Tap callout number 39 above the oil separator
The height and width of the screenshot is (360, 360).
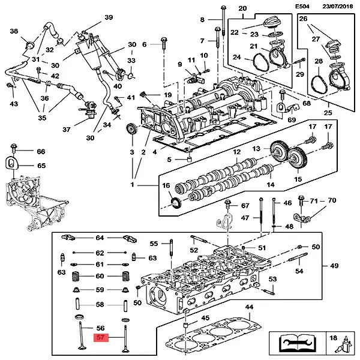click(109, 17)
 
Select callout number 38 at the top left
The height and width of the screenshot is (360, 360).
click(14, 31)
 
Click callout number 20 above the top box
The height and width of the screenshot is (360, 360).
click(242, 9)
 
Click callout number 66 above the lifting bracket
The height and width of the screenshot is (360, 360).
click(41, 151)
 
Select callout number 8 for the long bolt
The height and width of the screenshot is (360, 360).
click(202, 20)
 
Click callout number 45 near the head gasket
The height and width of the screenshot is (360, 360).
click(205, 319)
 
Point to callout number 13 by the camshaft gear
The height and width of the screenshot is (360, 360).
click(256, 149)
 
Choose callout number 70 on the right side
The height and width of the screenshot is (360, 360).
click(332, 200)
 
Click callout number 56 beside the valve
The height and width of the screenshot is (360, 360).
click(101, 328)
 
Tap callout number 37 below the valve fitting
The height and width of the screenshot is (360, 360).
click(67, 129)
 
